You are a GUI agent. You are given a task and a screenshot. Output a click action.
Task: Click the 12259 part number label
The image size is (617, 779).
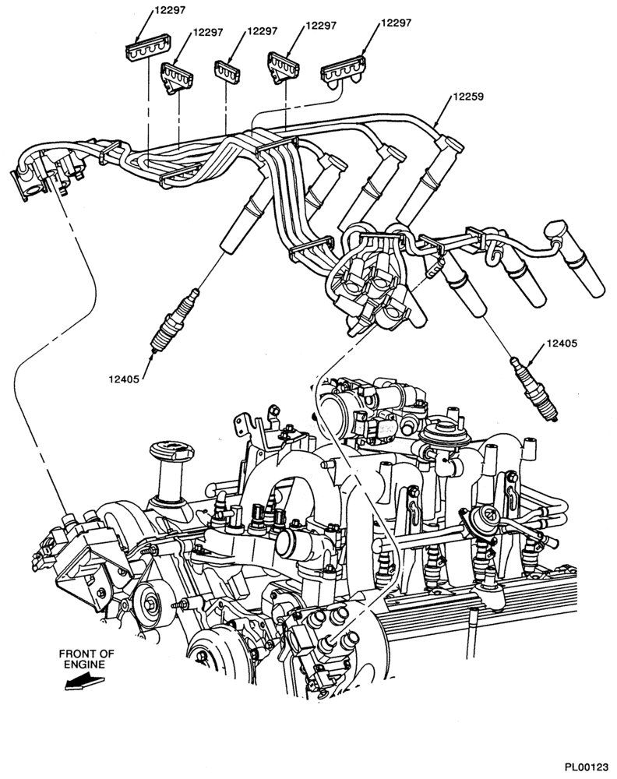(468, 97)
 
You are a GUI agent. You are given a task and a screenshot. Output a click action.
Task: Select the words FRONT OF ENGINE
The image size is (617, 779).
(86, 659)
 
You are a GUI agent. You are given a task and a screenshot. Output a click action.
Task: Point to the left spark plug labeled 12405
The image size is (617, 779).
(175, 321)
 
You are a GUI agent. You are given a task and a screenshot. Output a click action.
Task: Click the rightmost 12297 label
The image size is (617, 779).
(396, 23)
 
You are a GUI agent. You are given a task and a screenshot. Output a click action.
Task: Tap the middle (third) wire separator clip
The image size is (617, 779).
(227, 69)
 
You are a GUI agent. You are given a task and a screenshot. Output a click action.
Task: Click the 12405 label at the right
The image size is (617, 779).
(562, 343)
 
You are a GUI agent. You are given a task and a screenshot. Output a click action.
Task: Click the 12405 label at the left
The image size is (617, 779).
(125, 379)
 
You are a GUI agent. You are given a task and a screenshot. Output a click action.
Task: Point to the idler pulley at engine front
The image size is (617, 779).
(151, 605)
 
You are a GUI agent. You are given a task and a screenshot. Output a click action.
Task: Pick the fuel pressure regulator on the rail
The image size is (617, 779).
(478, 518)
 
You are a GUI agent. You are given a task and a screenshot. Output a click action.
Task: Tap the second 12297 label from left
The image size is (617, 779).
(208, 32)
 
